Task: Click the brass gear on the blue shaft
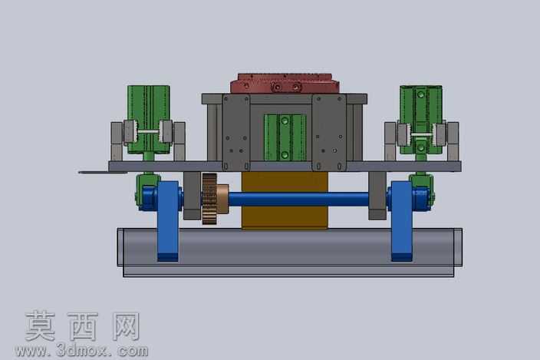point(209,199)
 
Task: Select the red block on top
point(285,83)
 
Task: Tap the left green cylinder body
point(149,120)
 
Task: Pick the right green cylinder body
point(421,120)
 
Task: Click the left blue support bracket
point(168,221)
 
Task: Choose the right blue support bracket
point(402,221)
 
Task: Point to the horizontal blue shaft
point(298,200)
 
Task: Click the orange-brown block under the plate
point(285,200)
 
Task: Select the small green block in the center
point(285,137)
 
